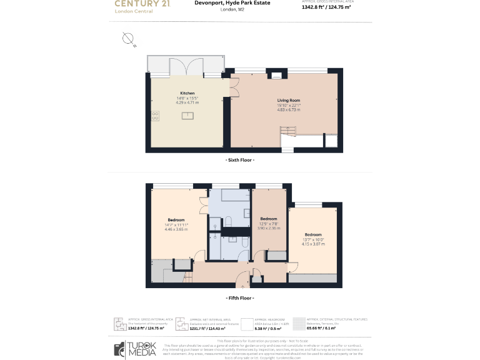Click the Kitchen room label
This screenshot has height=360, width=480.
point(187,93)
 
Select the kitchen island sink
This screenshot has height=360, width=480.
point(186,116)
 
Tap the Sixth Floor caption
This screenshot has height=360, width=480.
point(239,160)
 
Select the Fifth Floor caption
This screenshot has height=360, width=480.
point(239,298)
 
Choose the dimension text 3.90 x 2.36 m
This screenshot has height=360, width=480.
point(268,228)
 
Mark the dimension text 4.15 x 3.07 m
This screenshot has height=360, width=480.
point(313,244)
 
